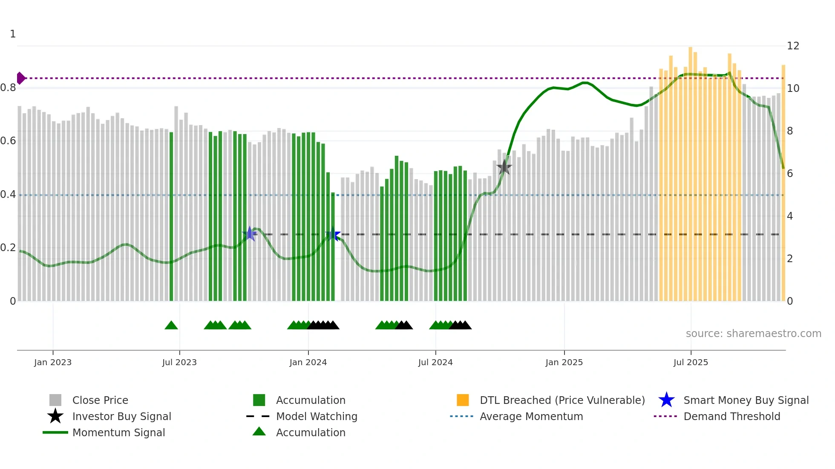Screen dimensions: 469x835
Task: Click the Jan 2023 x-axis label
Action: point(53,362)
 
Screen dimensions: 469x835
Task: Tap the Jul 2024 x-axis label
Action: point(435,362)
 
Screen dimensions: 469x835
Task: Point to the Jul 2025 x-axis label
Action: point(691,362)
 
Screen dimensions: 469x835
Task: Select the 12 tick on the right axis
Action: point(793,46)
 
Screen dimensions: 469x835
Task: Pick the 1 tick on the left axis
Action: point(13,34)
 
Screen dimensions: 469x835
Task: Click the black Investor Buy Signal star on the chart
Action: point(504,167)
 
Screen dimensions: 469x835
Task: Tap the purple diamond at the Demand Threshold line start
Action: point(20,78)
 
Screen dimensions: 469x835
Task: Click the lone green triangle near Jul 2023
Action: point(171,326)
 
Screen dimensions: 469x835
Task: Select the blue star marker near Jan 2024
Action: point(333,234)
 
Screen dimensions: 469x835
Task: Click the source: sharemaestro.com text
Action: point(753,334)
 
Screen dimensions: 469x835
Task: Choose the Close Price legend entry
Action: point(100,400)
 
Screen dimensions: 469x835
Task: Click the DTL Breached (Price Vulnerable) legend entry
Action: point(562,400)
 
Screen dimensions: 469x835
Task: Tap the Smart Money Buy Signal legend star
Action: point(666,400)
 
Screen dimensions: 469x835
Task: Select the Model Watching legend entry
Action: point(317,416)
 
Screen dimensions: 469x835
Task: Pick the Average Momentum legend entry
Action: point(531,416)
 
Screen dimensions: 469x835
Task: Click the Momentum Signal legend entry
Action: point(118,432)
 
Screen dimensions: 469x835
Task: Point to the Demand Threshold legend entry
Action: point(731,416)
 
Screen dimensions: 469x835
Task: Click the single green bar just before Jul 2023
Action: point(171,217)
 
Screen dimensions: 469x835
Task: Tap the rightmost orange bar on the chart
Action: point(783,183)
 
